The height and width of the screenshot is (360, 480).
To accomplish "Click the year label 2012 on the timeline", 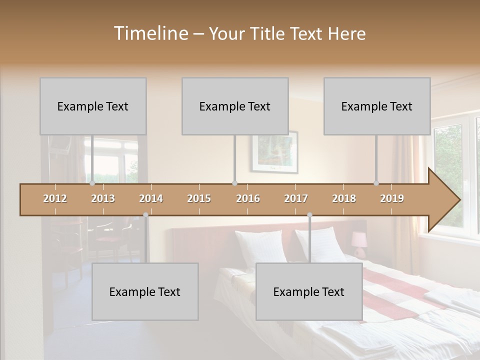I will [x=55, y=198].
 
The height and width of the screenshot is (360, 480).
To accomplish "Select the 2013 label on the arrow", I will [x=103, y=198].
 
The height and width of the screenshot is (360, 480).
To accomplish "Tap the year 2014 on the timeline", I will [x=151, y=198].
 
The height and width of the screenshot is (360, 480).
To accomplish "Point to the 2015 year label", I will [x=199, y=198].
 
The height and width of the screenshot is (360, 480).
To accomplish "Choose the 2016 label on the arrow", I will [x=248, y=198].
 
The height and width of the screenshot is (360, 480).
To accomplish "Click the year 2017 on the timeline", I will [x=296, y=198].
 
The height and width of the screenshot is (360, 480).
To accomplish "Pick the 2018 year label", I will [x=344, y=198].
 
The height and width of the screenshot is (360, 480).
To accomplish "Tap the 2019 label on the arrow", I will [x=392, y=198].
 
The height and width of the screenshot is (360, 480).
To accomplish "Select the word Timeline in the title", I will [x=150, y=33].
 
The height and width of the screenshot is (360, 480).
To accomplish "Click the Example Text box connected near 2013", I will [x=93, y=106].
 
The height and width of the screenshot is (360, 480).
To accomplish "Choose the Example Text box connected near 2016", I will [x=235, y=106].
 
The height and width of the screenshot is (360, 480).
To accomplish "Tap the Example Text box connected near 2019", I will [x=377, y=106].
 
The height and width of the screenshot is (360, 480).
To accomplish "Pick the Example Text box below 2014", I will [x=145, y=291].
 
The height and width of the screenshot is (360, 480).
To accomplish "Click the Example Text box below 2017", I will [x=309, y=291].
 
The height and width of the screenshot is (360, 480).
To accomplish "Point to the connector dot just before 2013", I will [x=92, y=183].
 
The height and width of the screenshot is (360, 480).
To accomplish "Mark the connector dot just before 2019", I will [x=376, y=183].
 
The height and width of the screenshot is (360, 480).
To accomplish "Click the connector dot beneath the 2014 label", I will [x=145, y=215].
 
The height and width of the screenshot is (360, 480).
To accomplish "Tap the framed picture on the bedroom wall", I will [x=274, y=151].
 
